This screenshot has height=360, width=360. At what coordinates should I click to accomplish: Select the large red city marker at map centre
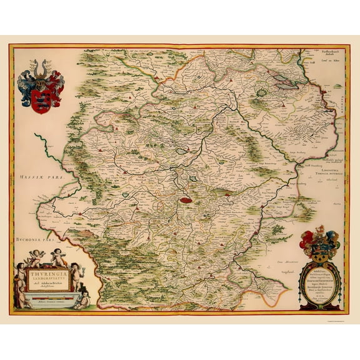pyautogui.click(x=185, y=201)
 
